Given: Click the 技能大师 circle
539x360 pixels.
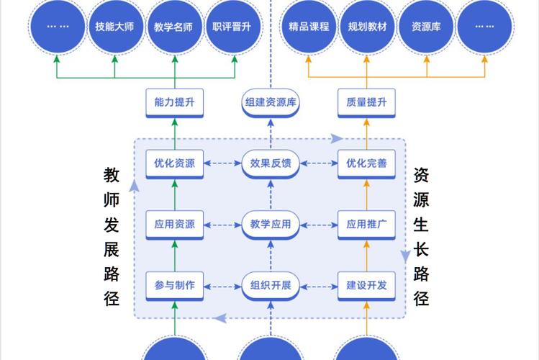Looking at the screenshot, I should (115, 27).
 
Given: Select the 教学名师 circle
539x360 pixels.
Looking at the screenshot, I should (173, 27).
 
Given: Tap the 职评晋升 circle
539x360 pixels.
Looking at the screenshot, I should (232, 27).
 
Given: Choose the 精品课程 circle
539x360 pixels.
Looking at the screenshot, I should (309, 27).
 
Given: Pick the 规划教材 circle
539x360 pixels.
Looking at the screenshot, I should (367, 27).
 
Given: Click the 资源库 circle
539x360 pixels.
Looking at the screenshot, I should (426, 27).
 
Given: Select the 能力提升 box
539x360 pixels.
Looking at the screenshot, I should (174, 102).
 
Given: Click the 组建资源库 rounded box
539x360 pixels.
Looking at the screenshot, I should (271, 102).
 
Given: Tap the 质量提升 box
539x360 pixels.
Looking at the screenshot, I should (366, 102).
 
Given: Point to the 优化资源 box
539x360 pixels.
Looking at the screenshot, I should (174, 163).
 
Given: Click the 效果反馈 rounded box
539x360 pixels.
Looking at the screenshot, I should (271, 163).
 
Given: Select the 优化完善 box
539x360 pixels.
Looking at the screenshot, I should (366, 163).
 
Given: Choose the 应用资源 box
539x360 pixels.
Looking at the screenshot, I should (174, 224).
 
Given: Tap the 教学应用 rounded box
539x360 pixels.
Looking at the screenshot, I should (271, 224).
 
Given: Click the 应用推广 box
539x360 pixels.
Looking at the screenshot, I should (366, 224).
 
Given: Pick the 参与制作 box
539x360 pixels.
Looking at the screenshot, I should (174, 284).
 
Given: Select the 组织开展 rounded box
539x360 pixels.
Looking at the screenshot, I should (271, 284).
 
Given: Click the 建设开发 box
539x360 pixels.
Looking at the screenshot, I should (366, 284).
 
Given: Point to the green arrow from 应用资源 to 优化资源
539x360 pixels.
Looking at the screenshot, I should (174, 193).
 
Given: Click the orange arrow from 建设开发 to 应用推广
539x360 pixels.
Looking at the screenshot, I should (366, 254).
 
